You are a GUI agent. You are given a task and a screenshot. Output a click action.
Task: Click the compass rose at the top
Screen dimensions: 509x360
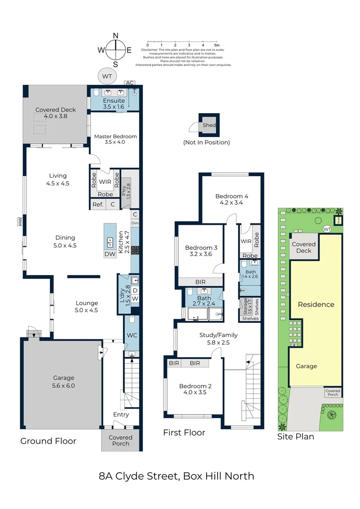coord(115,49)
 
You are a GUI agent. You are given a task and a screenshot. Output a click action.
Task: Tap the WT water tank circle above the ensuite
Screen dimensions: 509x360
coord(107,75)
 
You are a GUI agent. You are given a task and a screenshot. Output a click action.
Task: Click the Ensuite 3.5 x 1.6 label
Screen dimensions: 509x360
coord(114,104)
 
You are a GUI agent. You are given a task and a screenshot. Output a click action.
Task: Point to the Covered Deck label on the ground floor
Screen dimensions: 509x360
coord(56,113)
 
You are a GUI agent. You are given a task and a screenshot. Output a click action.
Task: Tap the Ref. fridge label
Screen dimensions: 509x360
coord(98,204)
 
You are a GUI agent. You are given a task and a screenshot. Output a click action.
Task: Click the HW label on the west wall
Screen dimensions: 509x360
coord(20,222)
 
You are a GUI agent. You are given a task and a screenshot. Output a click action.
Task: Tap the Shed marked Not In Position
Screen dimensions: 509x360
coord(209,125)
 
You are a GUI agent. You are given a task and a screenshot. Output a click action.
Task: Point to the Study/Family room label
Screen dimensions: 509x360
coord(218,338)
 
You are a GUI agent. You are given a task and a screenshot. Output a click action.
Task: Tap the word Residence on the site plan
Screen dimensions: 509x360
coord(316,304)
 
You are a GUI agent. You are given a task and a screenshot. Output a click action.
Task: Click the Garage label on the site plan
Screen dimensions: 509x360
coord(306,366)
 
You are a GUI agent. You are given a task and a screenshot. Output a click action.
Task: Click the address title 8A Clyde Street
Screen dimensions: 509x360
coord(176,476)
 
